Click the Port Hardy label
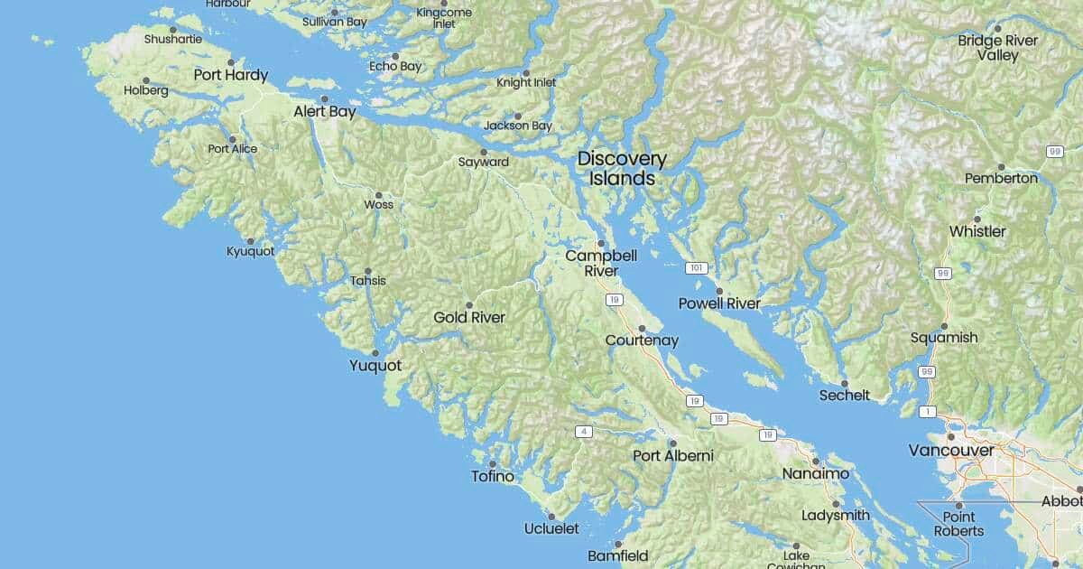230,75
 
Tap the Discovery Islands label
622,169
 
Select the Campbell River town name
601,263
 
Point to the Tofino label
493,476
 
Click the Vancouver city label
951,450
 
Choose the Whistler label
977,231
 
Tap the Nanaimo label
815,473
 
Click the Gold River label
469,317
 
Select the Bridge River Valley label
997,48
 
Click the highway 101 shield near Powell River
694,268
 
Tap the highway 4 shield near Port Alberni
585,432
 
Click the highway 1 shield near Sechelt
927,412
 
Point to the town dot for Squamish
944,325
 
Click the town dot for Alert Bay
324,99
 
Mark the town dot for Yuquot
375,352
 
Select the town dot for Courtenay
642,328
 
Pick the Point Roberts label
958,524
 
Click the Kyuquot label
250,251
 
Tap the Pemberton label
1001,178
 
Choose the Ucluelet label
551,528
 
